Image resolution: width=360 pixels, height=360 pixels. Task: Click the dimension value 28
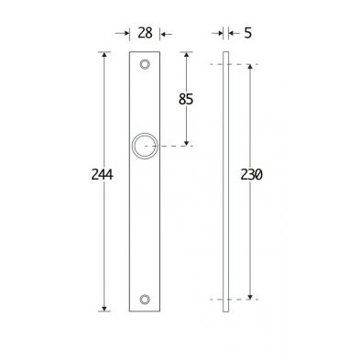click(x=145, y=33)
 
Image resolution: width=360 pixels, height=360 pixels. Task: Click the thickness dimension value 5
click(x=248, y=33)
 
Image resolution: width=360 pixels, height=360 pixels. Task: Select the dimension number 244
click(x=103, y=175)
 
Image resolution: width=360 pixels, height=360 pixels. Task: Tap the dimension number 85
click(x=186, y=99)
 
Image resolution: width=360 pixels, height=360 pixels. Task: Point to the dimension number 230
click(x=251, y=175)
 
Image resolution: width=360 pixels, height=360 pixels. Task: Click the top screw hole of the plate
click(x=145, y=64)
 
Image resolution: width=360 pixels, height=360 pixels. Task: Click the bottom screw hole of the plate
click(x=145, y=300)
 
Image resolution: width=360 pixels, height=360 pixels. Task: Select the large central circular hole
click(x=145, y=133)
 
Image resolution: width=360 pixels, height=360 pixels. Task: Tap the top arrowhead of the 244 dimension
click(x=104, y=55)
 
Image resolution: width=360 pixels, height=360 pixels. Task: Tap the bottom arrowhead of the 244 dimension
click(x=104, y=309)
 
